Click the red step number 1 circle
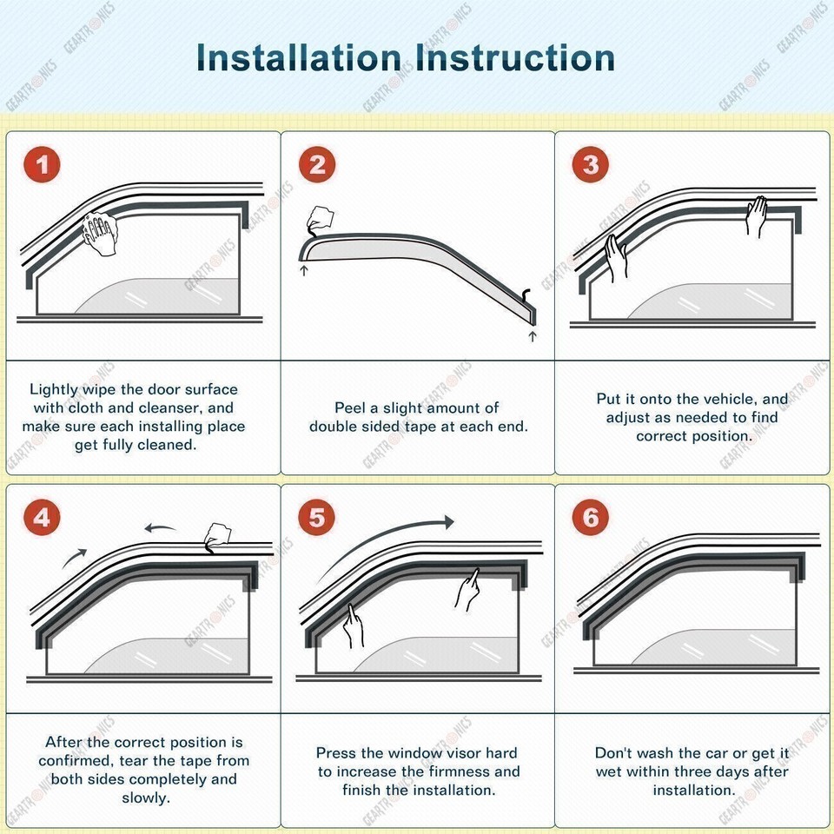pyautogui.click(x=43, y=165)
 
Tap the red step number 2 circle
pyautogui.click(x=317, y=165)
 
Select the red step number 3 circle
pyautogui.click(x=592, y=165)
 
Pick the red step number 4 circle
pyautogui.click(x=43, y=519)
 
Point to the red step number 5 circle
pyautogui.click(x=317, y=519)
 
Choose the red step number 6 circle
pyautogui.click(x=592, y=519)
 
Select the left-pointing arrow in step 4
pyautogui.click(x=160, y=527)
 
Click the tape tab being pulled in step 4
pyautogui.click(x=214, y=536)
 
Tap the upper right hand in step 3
pyautogui.click(x=758, y=215)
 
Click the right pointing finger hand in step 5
pyautogui.click(x=467, y=589)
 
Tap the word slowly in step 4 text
pyautogui.click(x=144, y=798)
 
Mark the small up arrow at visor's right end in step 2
pyautogui.click(x=533, y=334)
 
